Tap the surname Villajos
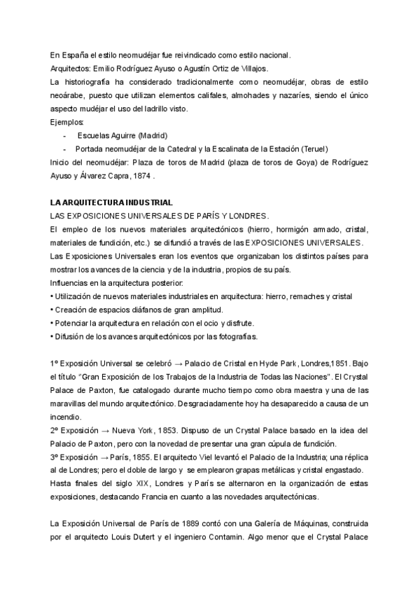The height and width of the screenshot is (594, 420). (x=251, y=68)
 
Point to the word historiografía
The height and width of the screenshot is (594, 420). (x=87, y=81)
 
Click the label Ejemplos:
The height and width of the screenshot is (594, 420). (x=67, y=121)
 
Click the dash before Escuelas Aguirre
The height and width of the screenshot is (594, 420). (x=65, y=134)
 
